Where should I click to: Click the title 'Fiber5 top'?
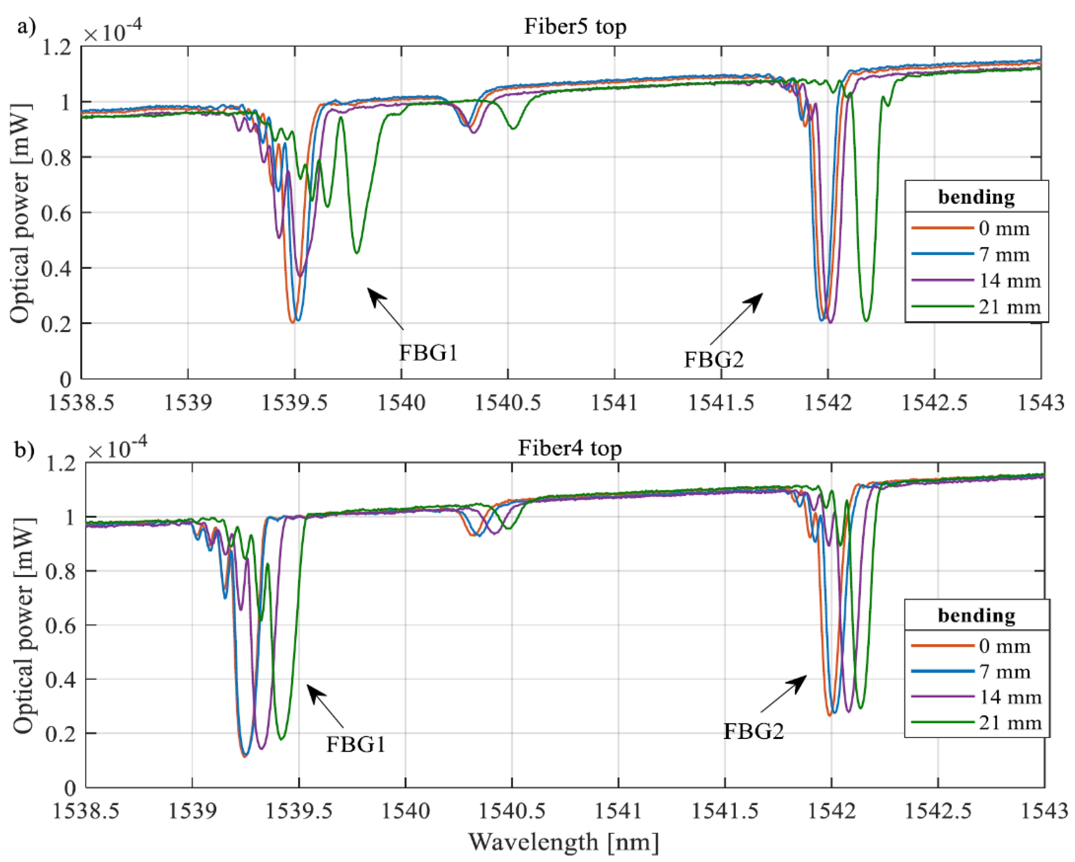tap(574, 26)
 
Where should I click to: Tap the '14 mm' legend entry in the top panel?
tap(1009, 280)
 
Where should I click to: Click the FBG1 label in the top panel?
tap(428, 353)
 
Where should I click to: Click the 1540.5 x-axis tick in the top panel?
tap(507, 402)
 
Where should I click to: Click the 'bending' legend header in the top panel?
tap(976, 197)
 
